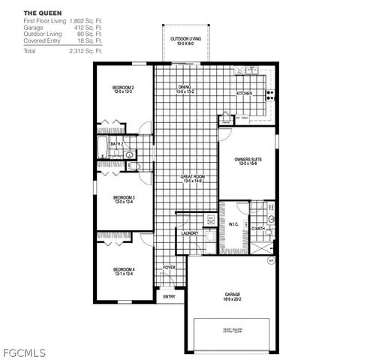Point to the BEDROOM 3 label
click(x=123, y=198)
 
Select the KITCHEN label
click(x=244, y=93)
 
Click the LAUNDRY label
click(x=189, y=233)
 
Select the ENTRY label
click(x=170, y=297)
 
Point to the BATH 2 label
click(x=116, y=143)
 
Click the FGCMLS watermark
click(x=25, y=350)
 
